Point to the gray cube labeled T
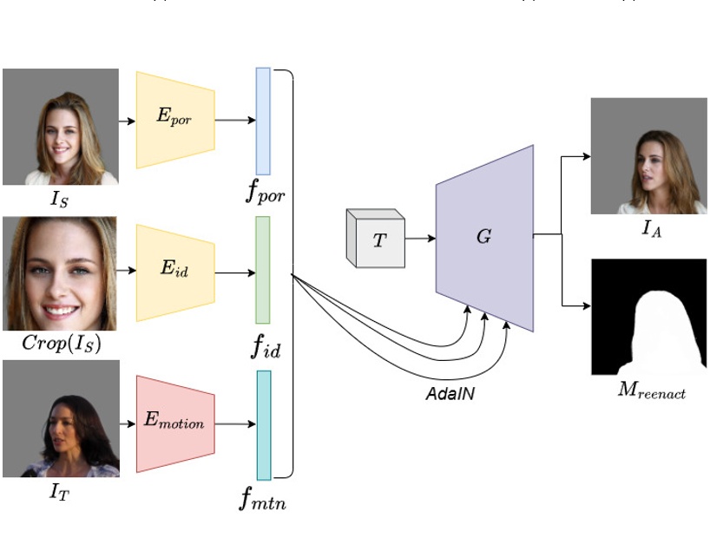coord(376,239)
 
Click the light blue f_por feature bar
coord(263,121)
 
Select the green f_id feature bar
coord(263,270)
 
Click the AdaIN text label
coord(449,392)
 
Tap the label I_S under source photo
coord(60,201)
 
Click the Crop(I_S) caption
coord(61,343)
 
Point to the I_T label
coord(59,493)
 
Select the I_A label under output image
coord(649,230)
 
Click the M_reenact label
coord(651,391)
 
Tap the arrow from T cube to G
coord(419,237)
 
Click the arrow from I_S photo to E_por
coord(127,121)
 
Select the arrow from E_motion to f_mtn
coord(234,424)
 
